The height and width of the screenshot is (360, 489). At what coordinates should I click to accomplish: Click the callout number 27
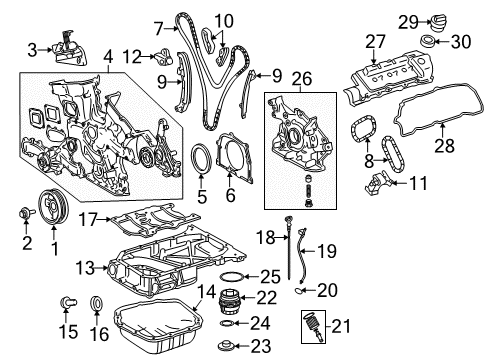(375, 42)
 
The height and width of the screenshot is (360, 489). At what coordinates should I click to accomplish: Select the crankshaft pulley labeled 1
(53, 207)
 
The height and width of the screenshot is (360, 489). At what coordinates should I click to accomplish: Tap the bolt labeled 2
(25, 212)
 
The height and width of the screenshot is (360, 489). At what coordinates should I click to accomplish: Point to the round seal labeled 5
(201, 159)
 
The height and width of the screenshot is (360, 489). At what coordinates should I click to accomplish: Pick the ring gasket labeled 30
(427, 42)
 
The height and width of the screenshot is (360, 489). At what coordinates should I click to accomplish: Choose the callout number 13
(85, 268)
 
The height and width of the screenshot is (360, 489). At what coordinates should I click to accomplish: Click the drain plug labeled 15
(68, 302)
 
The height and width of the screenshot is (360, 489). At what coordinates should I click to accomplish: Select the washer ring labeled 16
(97, 303)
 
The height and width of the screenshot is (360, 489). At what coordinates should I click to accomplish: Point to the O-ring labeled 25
(232, 277)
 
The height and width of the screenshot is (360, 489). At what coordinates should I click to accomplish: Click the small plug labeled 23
(225, 346)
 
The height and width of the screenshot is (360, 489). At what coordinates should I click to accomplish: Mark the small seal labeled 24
(227, 323)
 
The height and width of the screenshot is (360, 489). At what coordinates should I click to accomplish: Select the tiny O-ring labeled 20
(299, 291)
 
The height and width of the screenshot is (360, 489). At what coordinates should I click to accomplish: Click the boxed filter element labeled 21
(313, 326)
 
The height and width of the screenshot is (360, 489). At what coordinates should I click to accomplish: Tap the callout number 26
(302, 79)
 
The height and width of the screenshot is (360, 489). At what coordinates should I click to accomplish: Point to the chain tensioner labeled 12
(163, 57)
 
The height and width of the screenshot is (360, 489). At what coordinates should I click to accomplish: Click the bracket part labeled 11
(377, 182)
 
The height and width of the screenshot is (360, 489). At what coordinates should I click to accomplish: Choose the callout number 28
(445, 146)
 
